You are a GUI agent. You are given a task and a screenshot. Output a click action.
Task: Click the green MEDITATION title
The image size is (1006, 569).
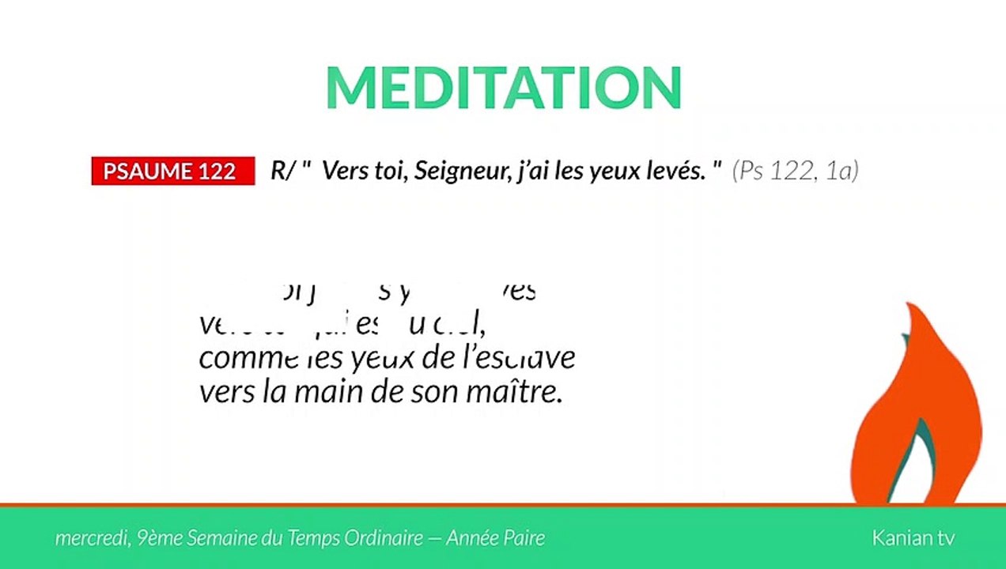pos(503,87)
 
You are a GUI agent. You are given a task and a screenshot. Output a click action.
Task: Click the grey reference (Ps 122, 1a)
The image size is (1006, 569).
pos(795,171)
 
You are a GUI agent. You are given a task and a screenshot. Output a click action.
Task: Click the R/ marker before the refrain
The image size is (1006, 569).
pos(282,171)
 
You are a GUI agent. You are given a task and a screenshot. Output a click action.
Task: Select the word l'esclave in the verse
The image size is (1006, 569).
pos(524,357)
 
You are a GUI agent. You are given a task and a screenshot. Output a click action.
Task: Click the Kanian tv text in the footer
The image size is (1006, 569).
pos(913,538)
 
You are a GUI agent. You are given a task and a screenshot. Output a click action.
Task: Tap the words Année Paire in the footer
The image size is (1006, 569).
pos(495,538)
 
